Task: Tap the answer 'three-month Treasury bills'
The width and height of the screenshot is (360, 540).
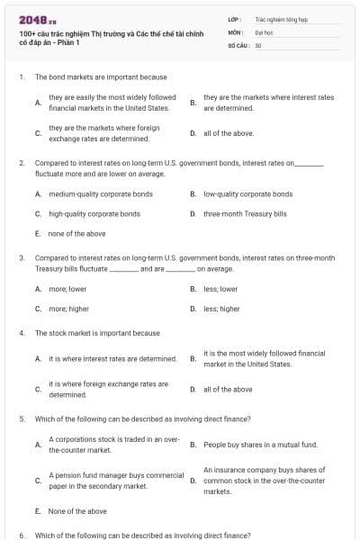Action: coord(245,214)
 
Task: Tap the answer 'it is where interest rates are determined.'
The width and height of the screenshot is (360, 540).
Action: coord(112,358)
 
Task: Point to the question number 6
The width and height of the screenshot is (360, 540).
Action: coord(22,535)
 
